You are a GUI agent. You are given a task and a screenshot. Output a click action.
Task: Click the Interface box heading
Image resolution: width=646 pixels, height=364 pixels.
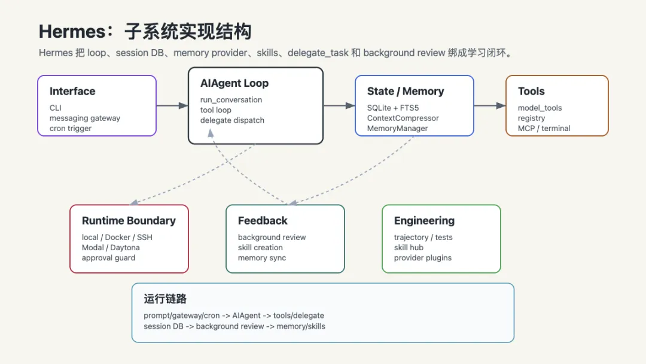[72, 91]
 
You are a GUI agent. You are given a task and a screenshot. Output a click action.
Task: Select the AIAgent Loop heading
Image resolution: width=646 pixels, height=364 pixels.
[234, 83]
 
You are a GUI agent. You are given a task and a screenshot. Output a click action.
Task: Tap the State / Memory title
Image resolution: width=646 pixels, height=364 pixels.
[406, 91]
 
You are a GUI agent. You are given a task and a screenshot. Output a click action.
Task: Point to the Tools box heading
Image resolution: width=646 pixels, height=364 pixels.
[531, 91]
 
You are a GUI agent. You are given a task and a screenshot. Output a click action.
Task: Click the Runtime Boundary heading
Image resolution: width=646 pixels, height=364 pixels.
[129, 221]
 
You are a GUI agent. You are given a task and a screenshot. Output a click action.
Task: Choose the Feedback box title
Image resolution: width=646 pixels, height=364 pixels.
[263, 221]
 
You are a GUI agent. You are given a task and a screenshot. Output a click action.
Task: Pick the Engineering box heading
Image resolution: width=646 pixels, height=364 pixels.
[424, 221]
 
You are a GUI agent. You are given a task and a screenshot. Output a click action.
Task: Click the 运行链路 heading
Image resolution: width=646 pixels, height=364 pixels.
[165, 299]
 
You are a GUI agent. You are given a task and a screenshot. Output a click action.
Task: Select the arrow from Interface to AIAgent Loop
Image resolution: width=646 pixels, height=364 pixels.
[172, 105]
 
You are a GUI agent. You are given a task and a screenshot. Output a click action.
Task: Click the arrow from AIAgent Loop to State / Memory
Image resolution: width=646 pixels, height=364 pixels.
[339, 105]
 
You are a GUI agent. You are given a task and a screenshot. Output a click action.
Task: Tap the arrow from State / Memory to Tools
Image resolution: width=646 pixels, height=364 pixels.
[490, 105]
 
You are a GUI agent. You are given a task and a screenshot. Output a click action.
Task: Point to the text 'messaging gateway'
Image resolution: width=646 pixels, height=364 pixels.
[85, 119]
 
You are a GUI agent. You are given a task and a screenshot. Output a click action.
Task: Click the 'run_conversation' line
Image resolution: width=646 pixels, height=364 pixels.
[231, 100]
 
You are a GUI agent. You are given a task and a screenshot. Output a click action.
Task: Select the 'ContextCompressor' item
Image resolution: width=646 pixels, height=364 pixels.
[403, 119]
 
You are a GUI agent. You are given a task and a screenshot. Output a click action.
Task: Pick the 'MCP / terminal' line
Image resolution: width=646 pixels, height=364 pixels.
[544, 128]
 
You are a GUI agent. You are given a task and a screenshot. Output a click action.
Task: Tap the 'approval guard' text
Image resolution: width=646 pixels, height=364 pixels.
[108, 258]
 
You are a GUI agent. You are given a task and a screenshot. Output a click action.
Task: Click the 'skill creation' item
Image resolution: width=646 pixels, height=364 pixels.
[260, 248]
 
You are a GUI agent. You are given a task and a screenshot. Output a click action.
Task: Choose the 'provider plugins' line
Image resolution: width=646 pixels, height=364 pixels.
[423, 258]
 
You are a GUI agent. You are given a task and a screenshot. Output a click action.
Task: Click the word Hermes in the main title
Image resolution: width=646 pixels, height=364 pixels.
[72, 32]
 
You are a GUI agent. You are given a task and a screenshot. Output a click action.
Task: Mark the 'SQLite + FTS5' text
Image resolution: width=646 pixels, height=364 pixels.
[393, 108]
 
